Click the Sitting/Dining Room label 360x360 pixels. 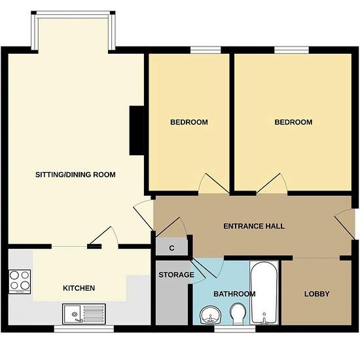pyautogui.click(x=75, y=175)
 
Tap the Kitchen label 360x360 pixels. pyautogui.click(x=79, y=288)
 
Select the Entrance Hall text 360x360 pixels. pyautogui.click(x=254, y=226)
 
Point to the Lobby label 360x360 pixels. pyautogui.click(x=317, y=294)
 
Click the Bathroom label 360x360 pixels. pyautogui.click(x=234, y=294)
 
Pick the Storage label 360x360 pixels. pyautogui.click(x=176, y=275)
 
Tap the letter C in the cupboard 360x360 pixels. pyautogui.click(x=171, y=248)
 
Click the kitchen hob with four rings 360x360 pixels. pyautogui.click(x=20, y=281)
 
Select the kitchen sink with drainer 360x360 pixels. pyautogui.click(x=84, y=314)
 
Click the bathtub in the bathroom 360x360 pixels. pyautogui.click(x=264, y=293)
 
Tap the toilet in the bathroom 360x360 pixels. pyautogui.click(x=238, y=314)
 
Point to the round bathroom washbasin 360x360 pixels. pyautogui.click(x=210, y=315)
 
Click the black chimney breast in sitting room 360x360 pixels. pyautogui.click(x=137, y=130)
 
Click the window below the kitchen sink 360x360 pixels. pyautogui.click(x=84, y=329)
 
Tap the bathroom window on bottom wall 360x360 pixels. pyautogui.click(x=234, y=329)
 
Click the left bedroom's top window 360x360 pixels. pyautogui.click(x=206, y=50)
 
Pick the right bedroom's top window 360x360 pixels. pyautogui.click(x=291, y=50)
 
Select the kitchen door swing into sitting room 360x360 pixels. pyautogui.click(x=105, y=236)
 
